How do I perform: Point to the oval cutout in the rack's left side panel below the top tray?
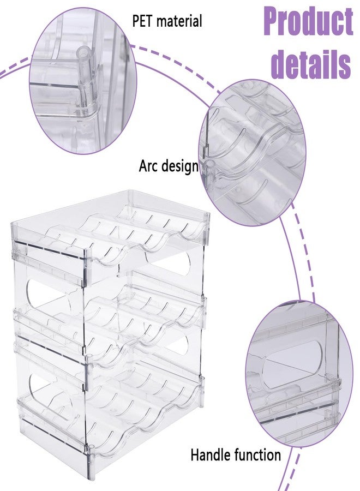point(47,293)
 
